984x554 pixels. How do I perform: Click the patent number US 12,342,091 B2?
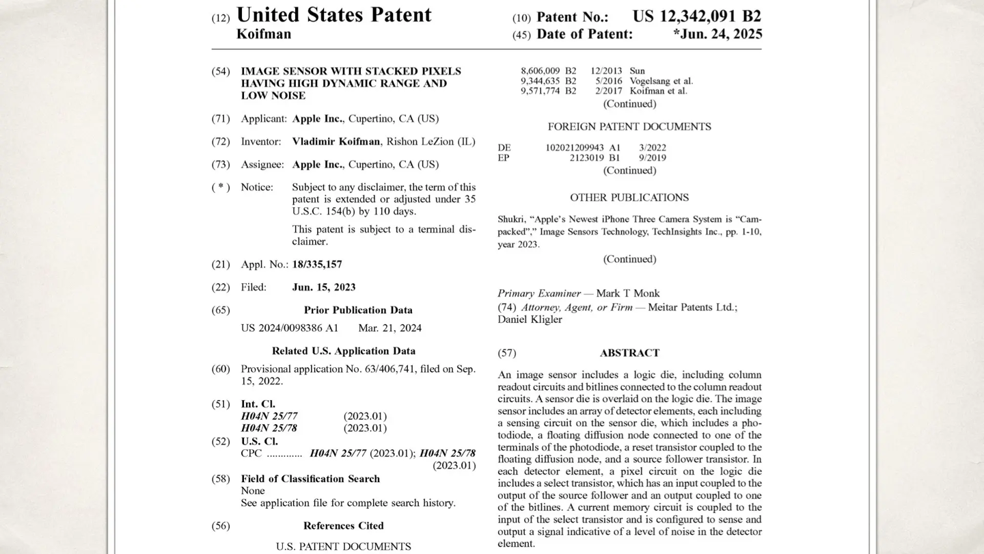[696, 16]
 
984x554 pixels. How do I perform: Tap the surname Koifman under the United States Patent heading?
[264, 34]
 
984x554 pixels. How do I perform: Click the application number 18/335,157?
[317, 264]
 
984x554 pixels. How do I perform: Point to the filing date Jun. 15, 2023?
[324, 287]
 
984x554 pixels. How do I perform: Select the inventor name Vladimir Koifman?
[336, 142]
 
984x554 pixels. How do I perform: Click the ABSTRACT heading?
[629, 353]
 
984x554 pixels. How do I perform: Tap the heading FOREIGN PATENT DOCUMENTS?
[629, 127]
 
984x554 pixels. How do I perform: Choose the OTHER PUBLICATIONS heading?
[629, 198]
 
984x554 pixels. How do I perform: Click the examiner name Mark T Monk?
[628, 293]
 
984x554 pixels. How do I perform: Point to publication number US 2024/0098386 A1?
[289, 328]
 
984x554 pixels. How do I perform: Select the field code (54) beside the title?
[221, 71]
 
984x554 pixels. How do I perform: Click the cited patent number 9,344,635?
[541, 81]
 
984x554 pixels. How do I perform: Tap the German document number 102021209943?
[575, 148]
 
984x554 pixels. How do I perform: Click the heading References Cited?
[343, 526]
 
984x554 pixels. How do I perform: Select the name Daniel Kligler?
[530, 319]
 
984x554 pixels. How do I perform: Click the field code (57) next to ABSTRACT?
[507, 353]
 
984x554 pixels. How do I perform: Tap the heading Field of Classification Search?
[310, 479]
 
